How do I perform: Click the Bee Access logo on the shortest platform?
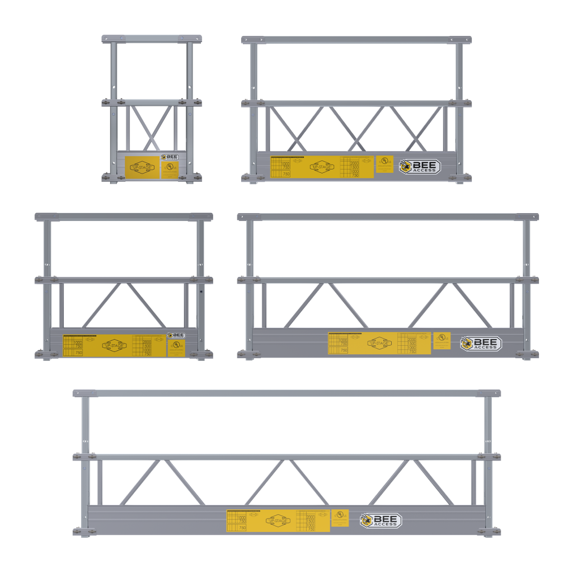click(170, 158)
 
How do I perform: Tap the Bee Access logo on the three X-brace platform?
click(420, 166)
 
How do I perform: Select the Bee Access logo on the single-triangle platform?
click(176, 336)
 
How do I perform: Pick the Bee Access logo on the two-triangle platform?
click(481, 344)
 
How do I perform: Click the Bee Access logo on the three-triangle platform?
click(381, 520)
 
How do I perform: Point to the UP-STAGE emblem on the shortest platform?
click(142, 167)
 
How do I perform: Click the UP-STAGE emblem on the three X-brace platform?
click(322, 167)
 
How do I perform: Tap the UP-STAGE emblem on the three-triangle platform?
click(278, 520)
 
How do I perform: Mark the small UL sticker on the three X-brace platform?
click(384, 163)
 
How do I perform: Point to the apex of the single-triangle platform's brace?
click(123, 284)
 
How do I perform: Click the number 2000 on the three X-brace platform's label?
click(355, 162)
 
